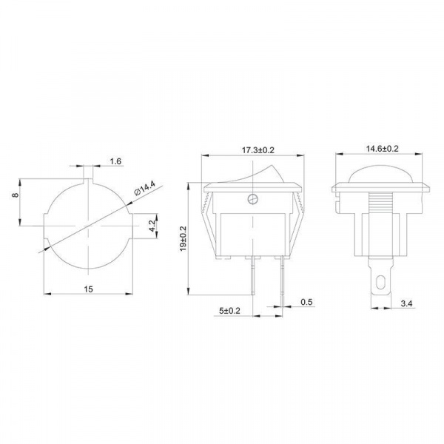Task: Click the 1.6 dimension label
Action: pos(115,161)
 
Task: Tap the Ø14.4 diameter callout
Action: pos(145,189)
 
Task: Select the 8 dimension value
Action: pos(16,195)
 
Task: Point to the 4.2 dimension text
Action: pos(152,226)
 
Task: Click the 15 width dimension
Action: pos(88,289)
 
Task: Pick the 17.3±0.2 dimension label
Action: pos(258,150)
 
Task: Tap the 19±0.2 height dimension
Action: pos(183,238)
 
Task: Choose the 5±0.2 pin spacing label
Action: pos(229,311)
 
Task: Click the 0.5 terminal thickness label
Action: pos(306,302)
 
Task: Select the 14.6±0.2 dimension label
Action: pos(383,149)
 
